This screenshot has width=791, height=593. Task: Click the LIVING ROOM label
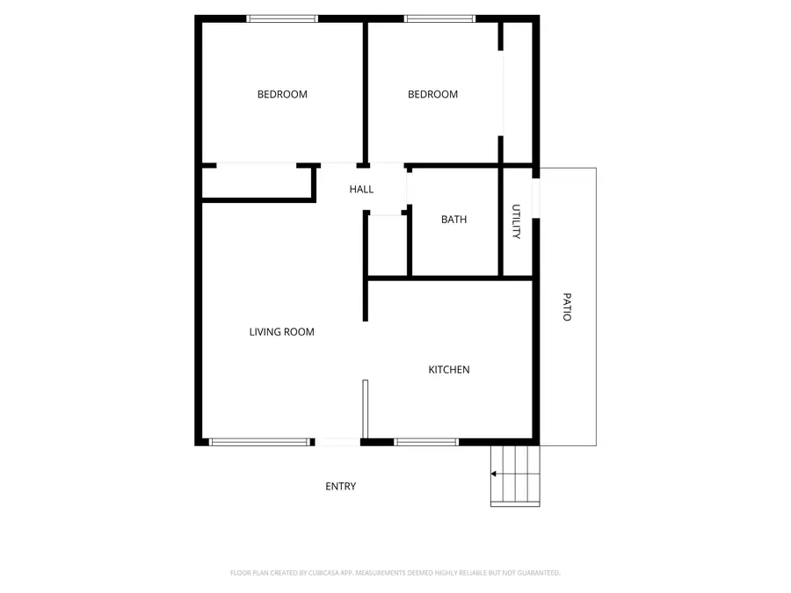(281, 332)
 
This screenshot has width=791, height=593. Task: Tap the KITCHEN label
(448, 370)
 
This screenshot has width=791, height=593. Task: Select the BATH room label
(454, 220)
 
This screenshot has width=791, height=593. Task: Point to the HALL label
(361, 189)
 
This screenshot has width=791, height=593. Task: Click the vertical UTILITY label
(517, 221)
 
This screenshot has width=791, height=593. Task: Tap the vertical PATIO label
(567, 307)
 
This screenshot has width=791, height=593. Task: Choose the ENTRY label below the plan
(340, 487)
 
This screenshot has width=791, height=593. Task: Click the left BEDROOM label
(282, 94)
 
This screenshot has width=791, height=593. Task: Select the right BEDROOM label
(432, 94)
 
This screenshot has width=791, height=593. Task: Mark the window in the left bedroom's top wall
(282, 18)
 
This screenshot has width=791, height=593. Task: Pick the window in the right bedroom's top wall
(439, 18)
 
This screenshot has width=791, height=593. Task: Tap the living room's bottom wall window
(259, 442)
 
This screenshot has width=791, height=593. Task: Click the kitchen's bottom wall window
(426, 442)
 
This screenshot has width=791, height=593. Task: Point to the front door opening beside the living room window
(337, 442)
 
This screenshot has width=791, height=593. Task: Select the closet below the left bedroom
(258, 183)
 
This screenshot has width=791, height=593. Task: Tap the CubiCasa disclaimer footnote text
(395, 573)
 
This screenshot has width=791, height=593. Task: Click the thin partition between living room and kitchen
(366, 408)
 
